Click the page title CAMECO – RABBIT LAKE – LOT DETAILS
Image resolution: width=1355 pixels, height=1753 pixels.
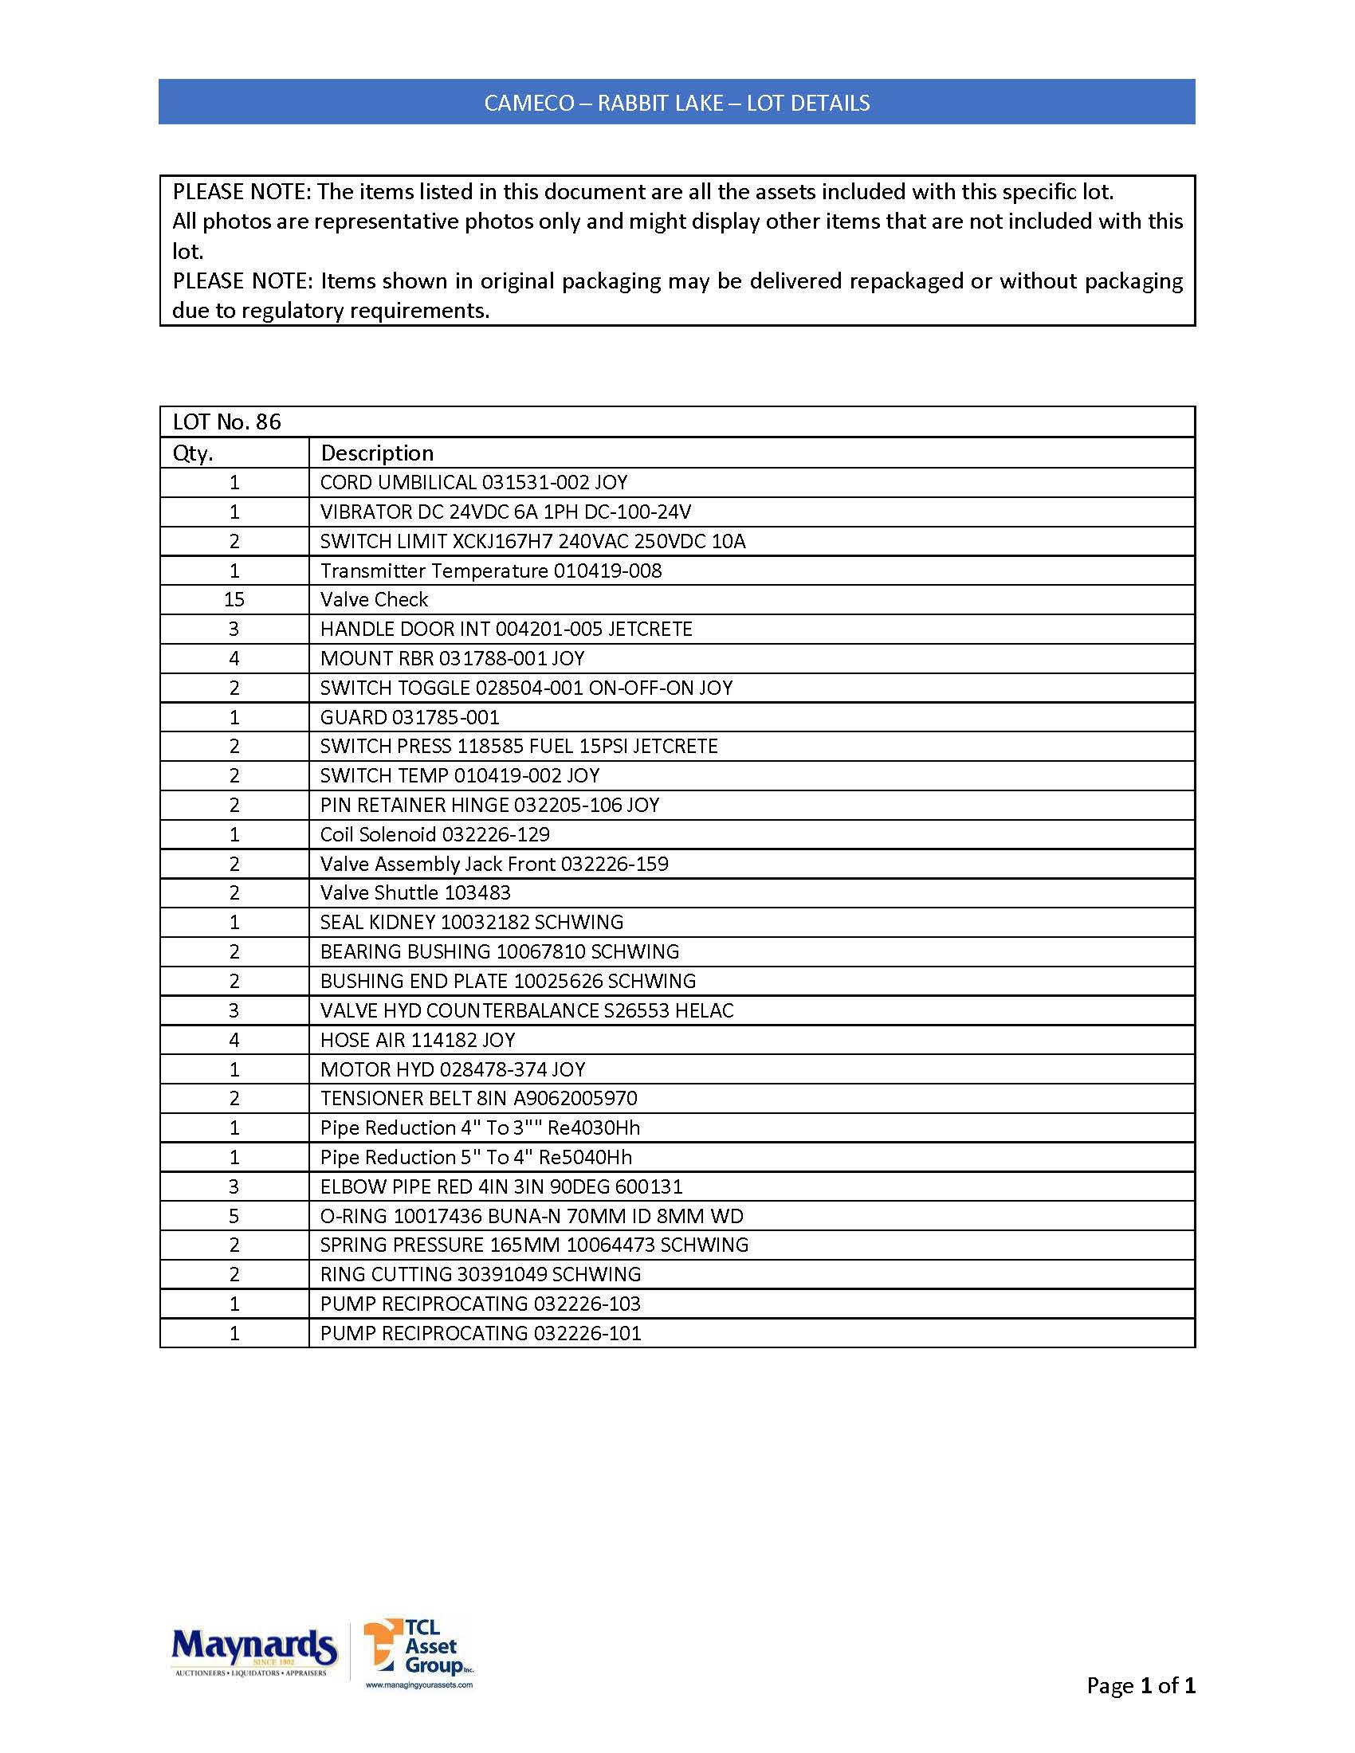tap(677, 103)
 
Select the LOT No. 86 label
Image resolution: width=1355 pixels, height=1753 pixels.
tap(227, 422)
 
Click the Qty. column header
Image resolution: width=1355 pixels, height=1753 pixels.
tap(193, 453)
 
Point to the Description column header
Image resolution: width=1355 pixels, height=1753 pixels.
tap(376, 453)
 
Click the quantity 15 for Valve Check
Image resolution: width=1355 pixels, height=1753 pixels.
tap(234, 599)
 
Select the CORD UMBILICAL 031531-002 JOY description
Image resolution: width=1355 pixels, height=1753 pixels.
tap(473, 482)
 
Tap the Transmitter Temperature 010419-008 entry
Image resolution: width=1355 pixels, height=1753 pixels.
tap(490, 571)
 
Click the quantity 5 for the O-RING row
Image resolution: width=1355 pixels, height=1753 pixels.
tap(234, 1216)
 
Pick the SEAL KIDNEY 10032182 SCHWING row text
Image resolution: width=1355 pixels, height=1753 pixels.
tap(471, 922)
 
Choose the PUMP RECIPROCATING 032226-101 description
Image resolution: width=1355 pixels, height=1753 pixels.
tap(480, 1333)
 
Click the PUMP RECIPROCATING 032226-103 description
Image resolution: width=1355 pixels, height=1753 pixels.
tap(480, 1304)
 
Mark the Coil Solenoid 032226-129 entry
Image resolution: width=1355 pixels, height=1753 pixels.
tap(434, 835)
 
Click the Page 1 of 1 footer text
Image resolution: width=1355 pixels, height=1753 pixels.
tap(1141, 1685)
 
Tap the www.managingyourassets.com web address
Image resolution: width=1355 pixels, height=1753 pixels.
tap(419, 1684)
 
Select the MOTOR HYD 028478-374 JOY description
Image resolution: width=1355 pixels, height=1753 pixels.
tap(453, 1069)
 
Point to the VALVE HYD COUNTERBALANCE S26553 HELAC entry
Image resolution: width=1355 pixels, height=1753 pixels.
tap(527, 1010)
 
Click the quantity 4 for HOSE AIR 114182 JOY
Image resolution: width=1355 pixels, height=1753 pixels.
tap(234, 1040)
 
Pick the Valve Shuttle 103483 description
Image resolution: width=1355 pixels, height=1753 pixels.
tap(415, 892)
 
